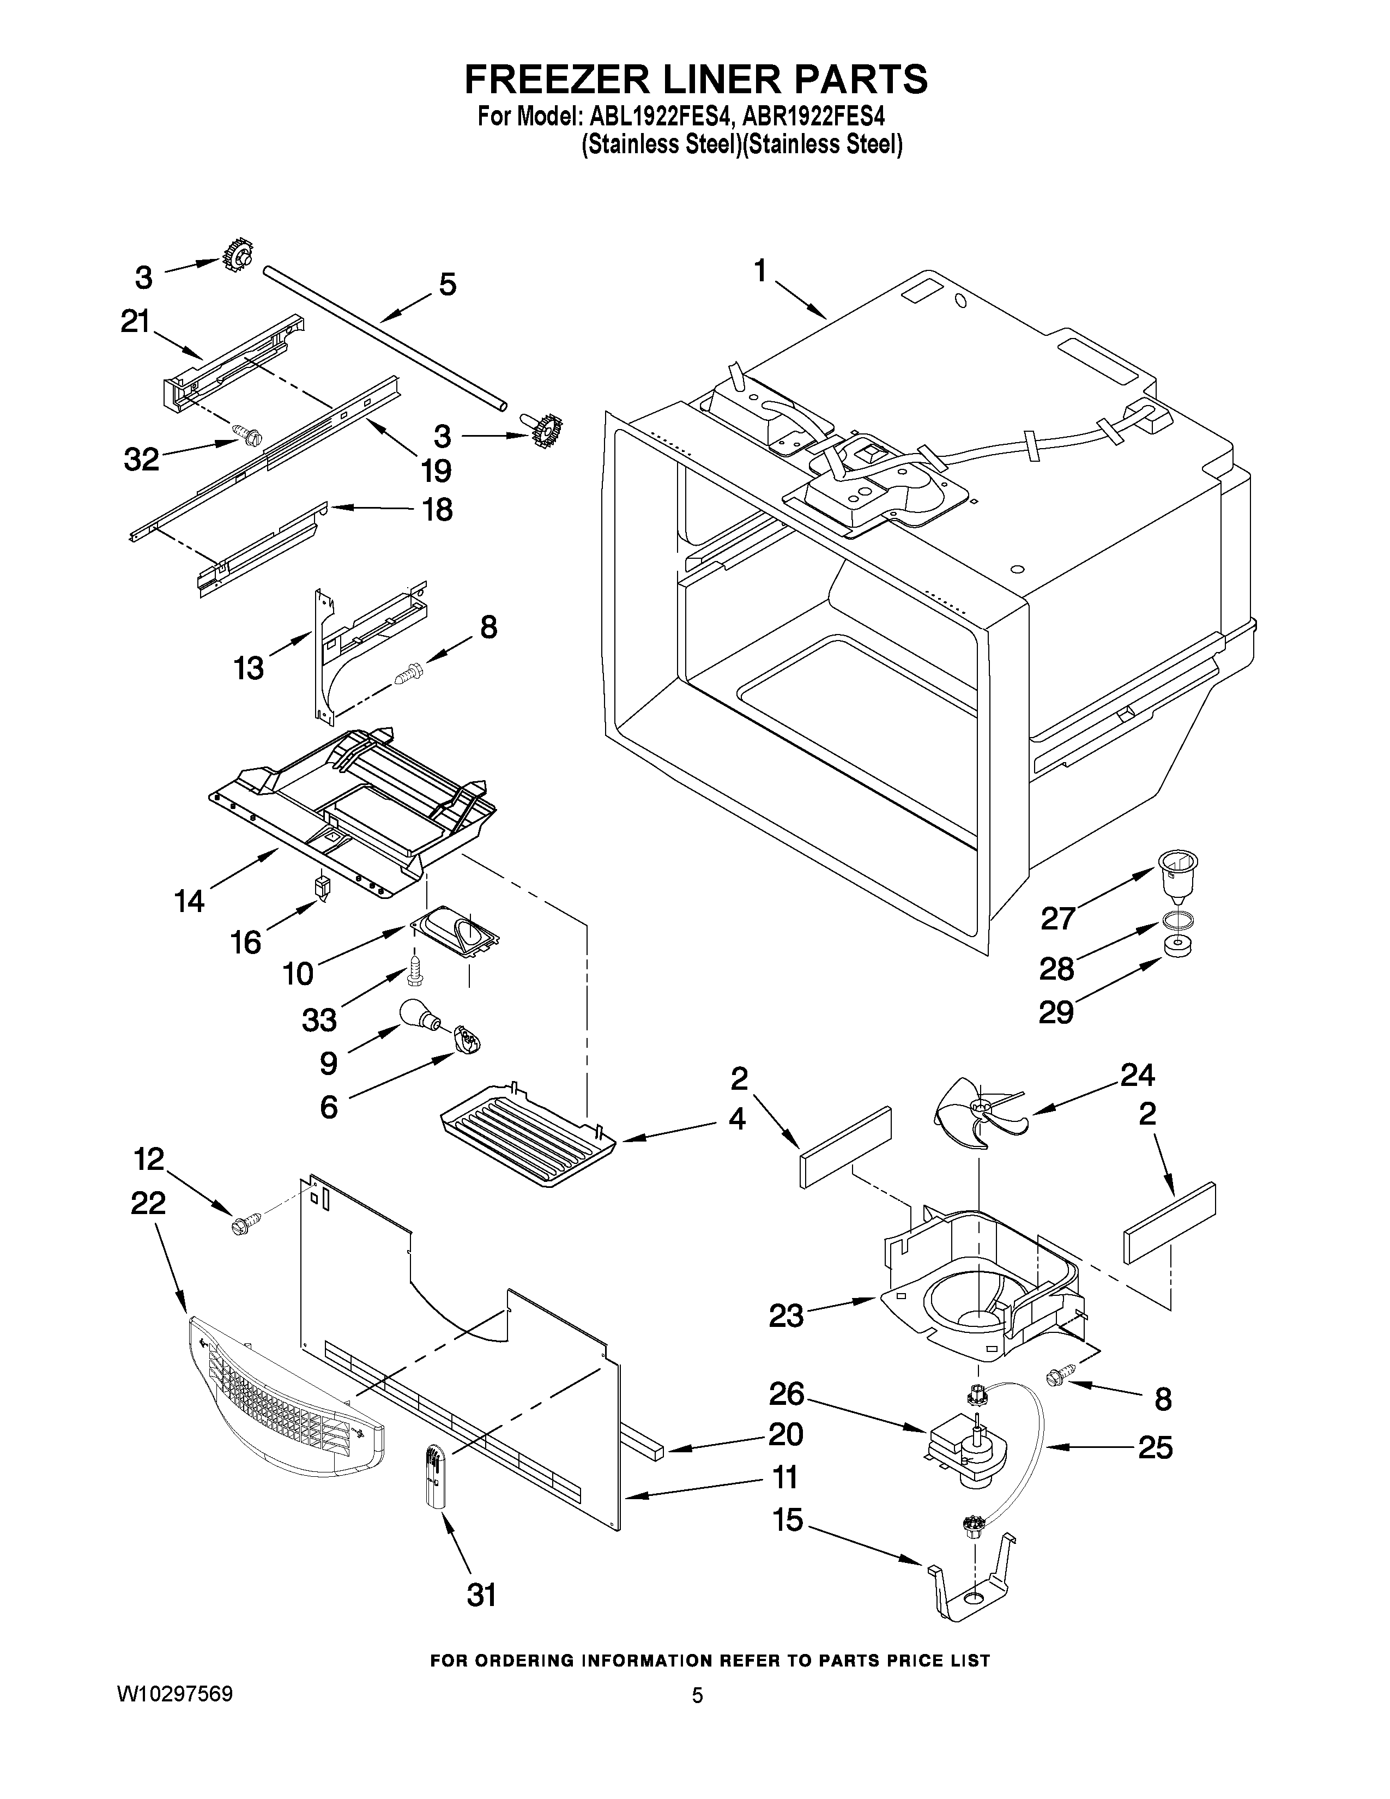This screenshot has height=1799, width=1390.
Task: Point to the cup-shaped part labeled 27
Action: click(x=1177, y=877)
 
